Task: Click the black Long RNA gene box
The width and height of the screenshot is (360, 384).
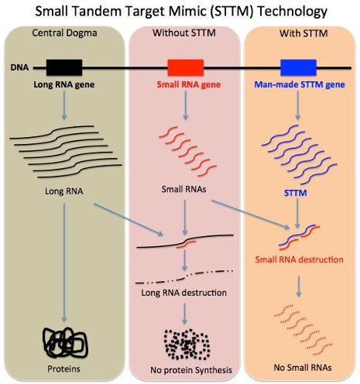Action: [64, 67]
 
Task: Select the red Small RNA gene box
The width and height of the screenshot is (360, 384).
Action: [186, 67]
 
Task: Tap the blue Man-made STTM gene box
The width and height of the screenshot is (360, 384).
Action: [298, 67]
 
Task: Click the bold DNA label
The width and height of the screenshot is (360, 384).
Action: [19, 67]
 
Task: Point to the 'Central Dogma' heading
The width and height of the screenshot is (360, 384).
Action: [64, 33]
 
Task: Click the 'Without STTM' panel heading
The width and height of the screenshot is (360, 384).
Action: [184, 33]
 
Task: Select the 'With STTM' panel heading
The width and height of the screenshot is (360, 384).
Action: [303, 33]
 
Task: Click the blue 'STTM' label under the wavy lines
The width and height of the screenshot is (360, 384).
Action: [296, 193]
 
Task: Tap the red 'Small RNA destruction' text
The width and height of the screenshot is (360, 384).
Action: [300, 259]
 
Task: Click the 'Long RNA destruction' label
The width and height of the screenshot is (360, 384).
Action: [184, 293]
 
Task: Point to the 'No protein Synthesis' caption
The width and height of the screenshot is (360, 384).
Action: [191, 370]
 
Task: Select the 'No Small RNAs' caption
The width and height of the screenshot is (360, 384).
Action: [303, 367]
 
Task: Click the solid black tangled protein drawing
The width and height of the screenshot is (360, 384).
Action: [65, 342]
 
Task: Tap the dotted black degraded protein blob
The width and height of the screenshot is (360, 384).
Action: [187, 345]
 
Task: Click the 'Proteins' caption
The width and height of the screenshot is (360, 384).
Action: [63, 369]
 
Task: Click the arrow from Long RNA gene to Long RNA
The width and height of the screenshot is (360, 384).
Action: [64, 105]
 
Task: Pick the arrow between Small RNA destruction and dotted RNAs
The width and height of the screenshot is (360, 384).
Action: [299, 286]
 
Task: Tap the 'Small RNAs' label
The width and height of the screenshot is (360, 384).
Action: [183, 189]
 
